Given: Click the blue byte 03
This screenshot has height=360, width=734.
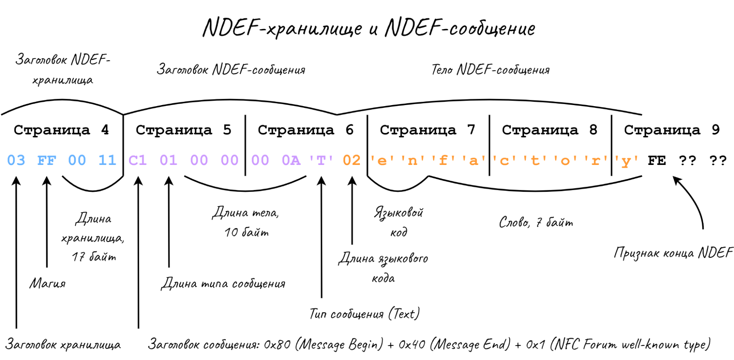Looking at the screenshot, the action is coord(16,161).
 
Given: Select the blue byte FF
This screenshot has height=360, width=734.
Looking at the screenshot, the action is coord(47,161).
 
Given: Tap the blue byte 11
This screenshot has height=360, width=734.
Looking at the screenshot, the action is coord(107,161).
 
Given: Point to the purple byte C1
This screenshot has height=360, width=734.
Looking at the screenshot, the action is coord(138,161).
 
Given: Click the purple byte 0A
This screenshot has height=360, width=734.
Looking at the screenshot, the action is coord(291,161).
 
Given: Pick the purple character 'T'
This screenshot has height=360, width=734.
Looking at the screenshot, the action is coord(321,161).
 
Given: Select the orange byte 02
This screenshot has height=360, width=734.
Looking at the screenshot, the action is coord(352,161).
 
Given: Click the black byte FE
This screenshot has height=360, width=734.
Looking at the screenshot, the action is coord(657,161).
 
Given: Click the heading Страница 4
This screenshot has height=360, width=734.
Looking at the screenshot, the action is coord(61,130).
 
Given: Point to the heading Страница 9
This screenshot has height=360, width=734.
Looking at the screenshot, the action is coord(672,130).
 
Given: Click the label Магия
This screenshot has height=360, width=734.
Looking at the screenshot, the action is coord(48,283).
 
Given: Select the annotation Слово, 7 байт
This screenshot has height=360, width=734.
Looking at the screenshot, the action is coord(536,222).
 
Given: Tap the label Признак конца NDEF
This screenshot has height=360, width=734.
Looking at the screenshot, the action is coord(673,253).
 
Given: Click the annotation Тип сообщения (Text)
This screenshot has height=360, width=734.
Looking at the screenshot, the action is coord(365,314).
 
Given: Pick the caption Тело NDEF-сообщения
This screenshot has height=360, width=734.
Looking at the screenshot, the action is coord(491,69).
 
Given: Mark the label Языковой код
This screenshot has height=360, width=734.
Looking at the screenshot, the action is coord(399,222).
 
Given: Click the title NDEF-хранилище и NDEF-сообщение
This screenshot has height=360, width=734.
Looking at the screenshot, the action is coord(369,28).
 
